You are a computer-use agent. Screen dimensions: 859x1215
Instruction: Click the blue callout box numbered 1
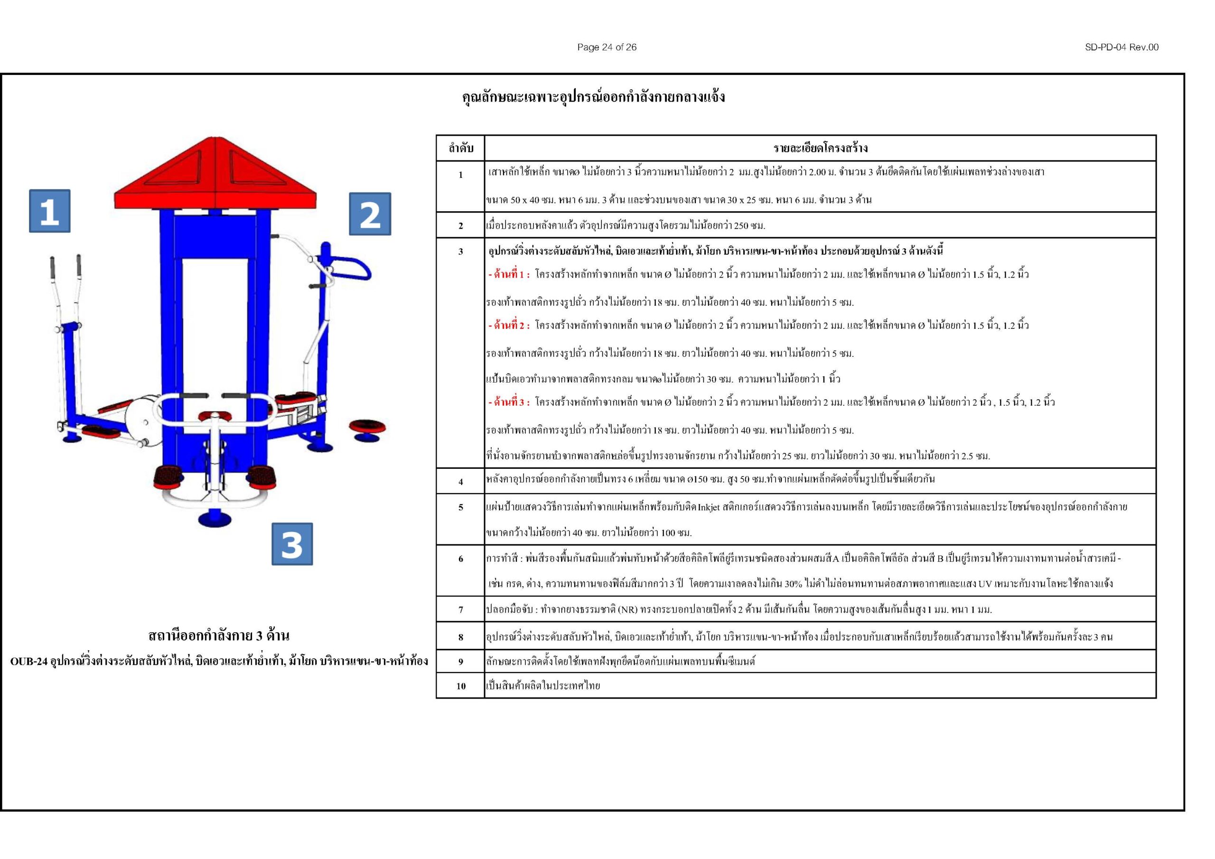click(49, 211)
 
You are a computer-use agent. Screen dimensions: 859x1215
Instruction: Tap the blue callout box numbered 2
click(370, 214)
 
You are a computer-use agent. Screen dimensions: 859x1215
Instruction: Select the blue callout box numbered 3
click(292, 544)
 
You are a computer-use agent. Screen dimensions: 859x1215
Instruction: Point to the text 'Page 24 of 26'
click(607, 47)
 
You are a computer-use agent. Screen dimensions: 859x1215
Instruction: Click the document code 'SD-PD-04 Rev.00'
click(1122, 47)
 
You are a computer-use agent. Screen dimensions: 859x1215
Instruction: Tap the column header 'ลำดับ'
click(460, 148)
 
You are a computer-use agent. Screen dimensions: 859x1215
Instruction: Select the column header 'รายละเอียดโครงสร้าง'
click(820, 148)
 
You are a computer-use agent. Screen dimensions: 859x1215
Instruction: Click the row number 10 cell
click(460, 686)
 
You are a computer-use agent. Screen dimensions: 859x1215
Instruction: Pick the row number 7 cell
click(460, 610)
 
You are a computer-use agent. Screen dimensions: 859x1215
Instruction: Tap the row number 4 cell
click(460, 482)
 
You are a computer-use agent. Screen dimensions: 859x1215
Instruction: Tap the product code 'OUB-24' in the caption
click(29, 662)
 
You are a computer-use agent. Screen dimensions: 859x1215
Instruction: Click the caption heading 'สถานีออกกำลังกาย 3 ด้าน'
click(219, 635)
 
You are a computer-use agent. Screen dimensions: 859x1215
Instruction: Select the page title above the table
click(593, 97)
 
